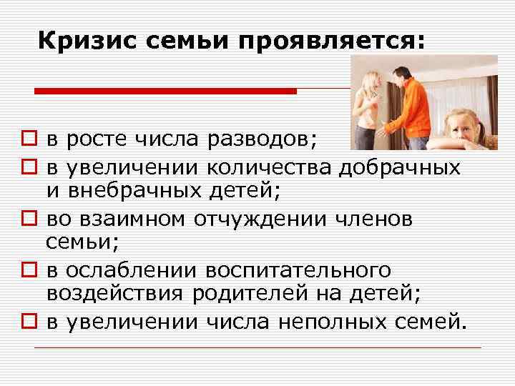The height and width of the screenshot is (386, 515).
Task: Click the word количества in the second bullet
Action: tap(270, 169)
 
